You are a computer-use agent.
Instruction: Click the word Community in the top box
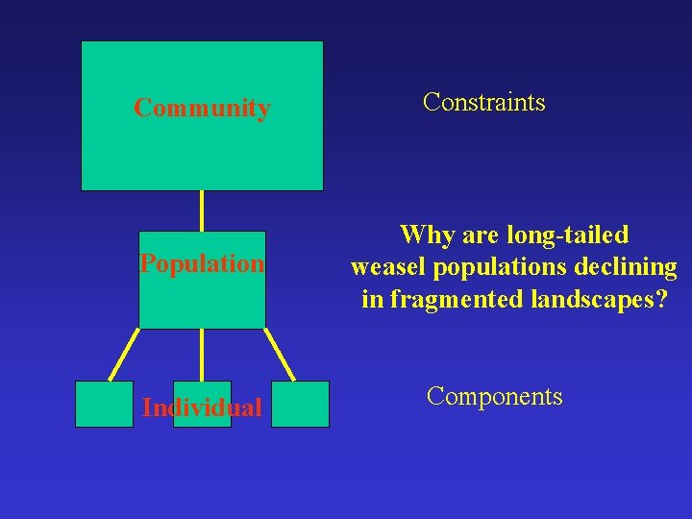click(x=202, y=108)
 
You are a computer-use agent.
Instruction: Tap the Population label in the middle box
click(x=202, y=263)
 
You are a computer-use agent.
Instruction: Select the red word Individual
click(x=202, y=408)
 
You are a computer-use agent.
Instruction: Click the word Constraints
click(x=483, y=102)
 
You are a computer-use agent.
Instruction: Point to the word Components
click(x=494, y=396)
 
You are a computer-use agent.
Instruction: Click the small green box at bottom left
click(x=104, y=404)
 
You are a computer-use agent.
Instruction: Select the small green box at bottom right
click(x=300, y=404)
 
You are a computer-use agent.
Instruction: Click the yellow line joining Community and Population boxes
click(x=202, y=210)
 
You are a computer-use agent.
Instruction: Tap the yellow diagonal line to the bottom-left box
click(x=124, y=355)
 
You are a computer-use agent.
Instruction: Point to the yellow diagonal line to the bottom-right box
click(x=280, y=355)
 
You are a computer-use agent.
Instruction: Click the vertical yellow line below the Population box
click(x=202, y=355)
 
